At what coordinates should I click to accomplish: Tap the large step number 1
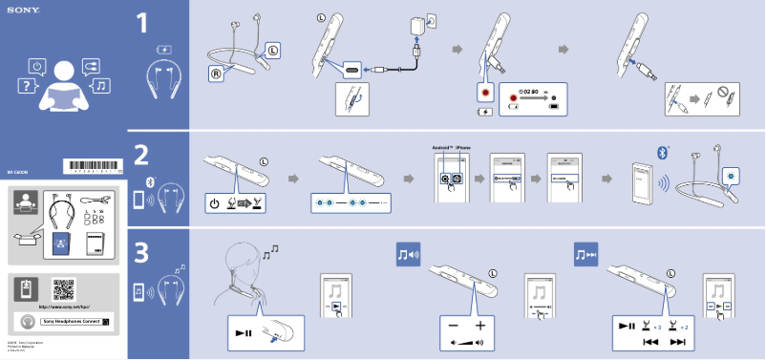(141, 23)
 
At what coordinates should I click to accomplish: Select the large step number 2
(141, 155)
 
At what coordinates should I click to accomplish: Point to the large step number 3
(141, 254)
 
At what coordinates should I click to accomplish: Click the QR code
(63, 289)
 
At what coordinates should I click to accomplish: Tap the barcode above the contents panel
(93, 166)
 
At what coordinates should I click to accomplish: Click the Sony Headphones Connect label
(70, 322)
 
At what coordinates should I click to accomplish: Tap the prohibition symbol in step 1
(723, 96)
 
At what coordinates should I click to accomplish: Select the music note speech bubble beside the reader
(101, 86)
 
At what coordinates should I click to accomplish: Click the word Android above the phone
(441, 148)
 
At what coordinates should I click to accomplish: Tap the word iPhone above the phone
(463, 148)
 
